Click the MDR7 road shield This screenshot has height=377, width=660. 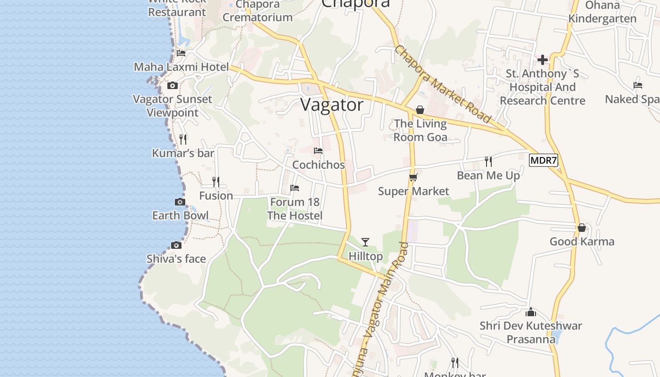tap(544, 160)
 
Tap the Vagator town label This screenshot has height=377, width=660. tap(332, 105)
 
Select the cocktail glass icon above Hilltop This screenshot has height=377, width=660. tap(365, 242)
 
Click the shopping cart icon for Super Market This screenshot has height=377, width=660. tap(413, 177)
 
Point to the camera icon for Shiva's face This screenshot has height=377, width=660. tap(176, 245)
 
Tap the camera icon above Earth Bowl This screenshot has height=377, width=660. tap(180, 202)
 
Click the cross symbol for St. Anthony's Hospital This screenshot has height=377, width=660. tap(543, 60)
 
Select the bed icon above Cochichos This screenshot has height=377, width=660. tap(318, 151)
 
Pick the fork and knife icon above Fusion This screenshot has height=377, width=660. tap(216, 181)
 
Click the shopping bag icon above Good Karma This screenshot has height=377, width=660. tap(582, 228)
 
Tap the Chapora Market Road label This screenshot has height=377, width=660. tap(443, 84)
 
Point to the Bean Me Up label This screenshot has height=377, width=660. tap(488, 175)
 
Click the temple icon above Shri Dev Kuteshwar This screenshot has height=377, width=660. tap(531, 312)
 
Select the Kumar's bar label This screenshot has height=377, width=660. tap(183, 153)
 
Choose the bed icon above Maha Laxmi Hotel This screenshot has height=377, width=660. tap(181, 53)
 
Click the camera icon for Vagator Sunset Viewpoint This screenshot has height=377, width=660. tap(173, 85)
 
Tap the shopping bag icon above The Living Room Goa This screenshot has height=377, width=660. tap(420, 110)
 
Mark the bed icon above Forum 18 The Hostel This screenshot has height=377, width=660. tap(295, 188)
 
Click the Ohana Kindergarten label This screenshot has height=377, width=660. tap(602, 12)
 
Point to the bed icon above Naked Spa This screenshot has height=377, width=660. tap(638, 85)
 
